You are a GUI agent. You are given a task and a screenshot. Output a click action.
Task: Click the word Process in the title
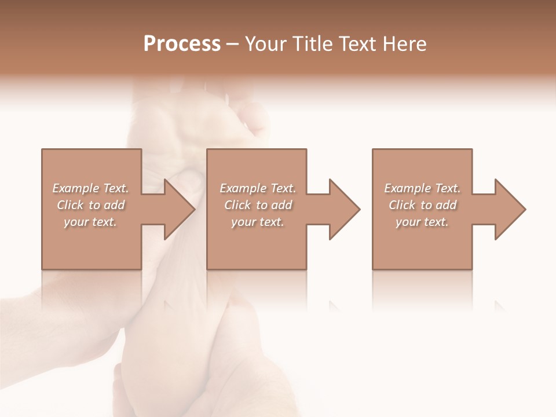pos(182,44)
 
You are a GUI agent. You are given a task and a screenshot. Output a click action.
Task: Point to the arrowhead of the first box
pos(177,209)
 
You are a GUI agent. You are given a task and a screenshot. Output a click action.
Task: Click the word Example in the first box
pos(76,188)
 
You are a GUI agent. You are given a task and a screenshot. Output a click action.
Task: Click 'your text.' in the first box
pos(90,222)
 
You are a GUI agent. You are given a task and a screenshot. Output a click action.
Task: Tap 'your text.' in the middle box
pos(258,222)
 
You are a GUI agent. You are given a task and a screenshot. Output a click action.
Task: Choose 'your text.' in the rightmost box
pos(422,222)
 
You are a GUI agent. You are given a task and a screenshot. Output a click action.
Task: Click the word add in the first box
pos(114,205)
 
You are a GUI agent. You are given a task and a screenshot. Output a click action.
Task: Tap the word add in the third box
pos(446,205)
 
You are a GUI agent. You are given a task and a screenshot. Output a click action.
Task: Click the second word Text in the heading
pos(358,44)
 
